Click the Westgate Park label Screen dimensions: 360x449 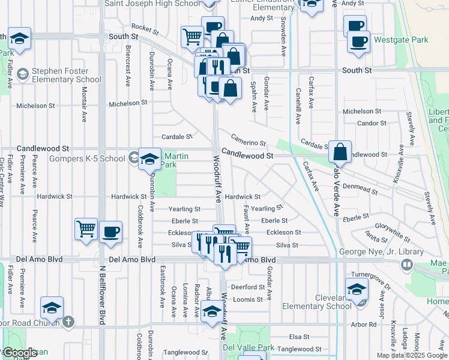(401, 40)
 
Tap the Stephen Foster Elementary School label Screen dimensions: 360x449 (66, 74)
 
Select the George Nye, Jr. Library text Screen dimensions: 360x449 (369, 251)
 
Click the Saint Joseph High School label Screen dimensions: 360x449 (152, 3)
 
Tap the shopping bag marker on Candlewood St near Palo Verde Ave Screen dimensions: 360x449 (340, 153)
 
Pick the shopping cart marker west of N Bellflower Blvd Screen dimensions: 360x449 (86, 229)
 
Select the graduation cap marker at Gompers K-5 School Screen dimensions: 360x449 (149, 159)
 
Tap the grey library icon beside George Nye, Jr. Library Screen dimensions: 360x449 (407, 264)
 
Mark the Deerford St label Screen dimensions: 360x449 (248, 287)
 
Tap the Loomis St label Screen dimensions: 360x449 (248, 299)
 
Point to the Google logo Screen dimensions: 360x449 (20, 353)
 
